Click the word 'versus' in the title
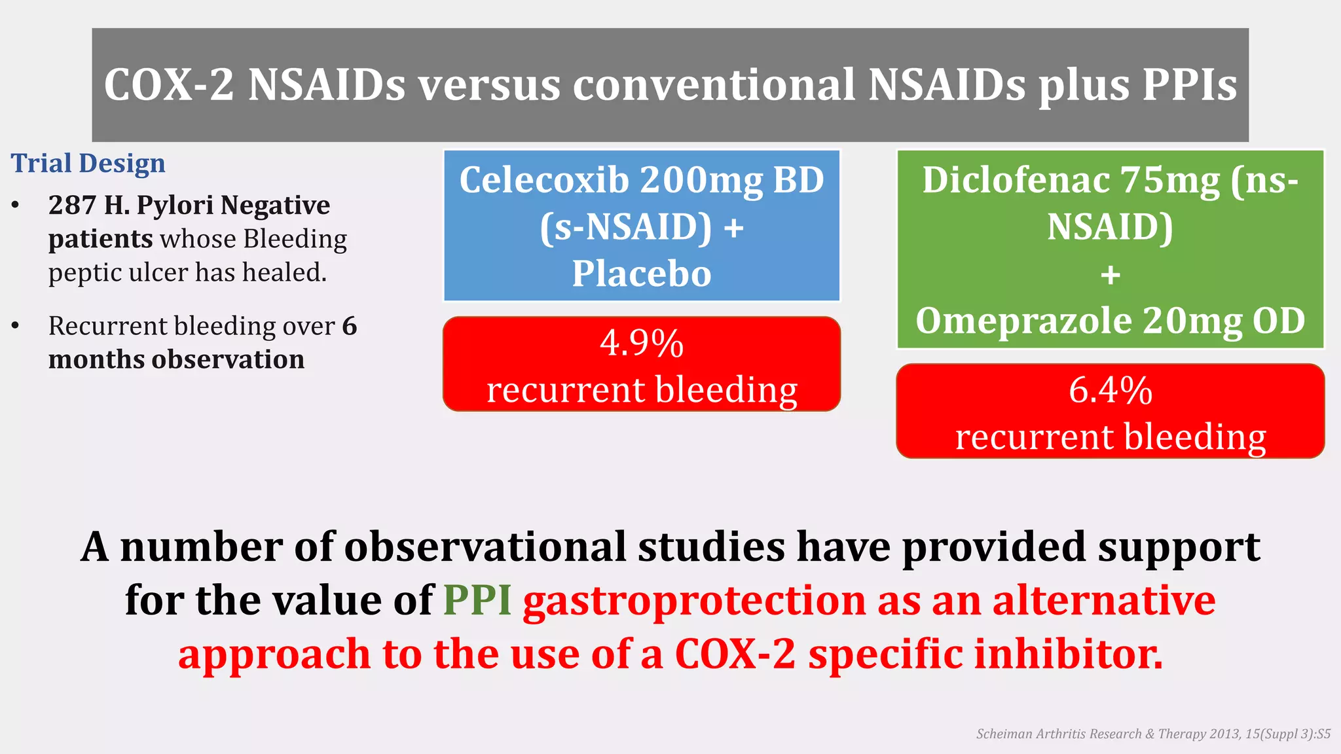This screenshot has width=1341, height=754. (489, 85)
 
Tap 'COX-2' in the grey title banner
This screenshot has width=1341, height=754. (169, 85)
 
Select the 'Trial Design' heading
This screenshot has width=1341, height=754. (88, 163)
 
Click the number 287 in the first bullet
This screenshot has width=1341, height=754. (72, 206)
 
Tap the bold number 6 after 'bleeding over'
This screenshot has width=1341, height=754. (350, 326)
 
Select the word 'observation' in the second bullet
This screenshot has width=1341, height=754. (228, 359)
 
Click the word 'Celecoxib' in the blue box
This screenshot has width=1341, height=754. (543, 180)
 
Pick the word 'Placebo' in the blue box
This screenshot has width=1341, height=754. (642, 274)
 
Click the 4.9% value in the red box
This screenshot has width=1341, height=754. (642, 343)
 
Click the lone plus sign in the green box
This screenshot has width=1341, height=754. (1110, 275)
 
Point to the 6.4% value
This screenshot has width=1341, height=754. (1110, 390)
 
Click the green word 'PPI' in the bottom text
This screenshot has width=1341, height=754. (477, 600)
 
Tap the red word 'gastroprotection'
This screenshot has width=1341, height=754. (694, 600)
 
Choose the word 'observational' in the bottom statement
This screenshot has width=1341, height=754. (485, 547)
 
